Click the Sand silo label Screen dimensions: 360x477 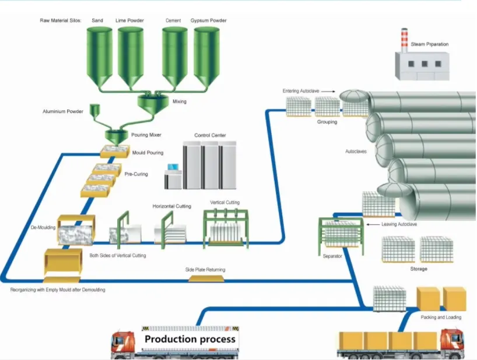coord(97,20)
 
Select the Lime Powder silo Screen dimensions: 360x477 coord(131,55)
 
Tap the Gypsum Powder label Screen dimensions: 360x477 coord(208,20)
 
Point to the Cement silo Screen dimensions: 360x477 coord(174,55)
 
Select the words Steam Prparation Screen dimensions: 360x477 coord(430,44)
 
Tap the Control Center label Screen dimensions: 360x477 coord(210,135)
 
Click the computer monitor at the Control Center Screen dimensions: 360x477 coord(173,170)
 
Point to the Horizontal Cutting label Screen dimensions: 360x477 coord(172,206)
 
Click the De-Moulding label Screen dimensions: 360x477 coord(43,227)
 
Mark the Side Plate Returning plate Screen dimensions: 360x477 coord(205,278)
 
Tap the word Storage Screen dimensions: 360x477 coord(419,269)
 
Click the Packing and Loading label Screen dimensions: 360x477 coord(441,317)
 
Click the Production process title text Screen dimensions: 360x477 coord(190,339)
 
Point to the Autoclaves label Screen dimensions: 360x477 coord(356,151)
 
